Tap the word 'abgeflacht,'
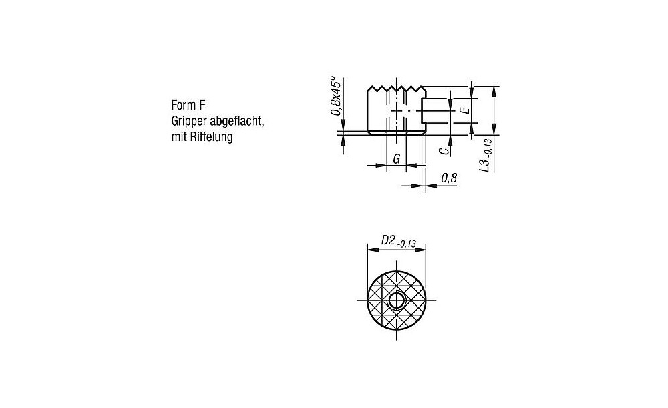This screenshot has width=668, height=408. (238, 122)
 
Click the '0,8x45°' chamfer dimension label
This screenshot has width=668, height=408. (336, 96)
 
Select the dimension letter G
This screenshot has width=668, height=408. (397, 159)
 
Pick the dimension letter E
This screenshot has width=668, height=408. (465, 110)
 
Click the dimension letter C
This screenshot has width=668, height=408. (444, 150)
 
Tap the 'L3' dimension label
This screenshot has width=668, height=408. (484, 165)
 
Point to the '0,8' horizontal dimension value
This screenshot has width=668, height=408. (449, 178)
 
